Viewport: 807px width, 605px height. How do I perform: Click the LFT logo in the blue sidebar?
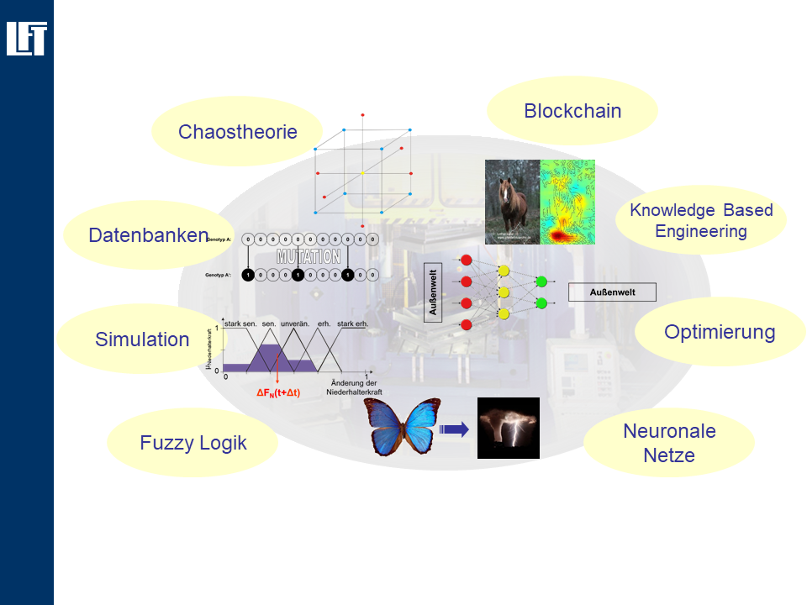click(x=26, y=39)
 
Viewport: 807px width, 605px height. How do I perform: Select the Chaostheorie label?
click(x=237, y=132)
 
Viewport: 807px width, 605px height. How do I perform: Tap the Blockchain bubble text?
click(x=572, y=111)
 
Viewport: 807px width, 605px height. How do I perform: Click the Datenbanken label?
click(x=148, y=235)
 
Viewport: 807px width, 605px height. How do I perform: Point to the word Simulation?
click(x=142, y=339)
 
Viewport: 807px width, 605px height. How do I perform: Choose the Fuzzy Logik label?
click(x=193, y=443)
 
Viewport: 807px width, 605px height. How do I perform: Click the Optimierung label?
click(x=720, y=332)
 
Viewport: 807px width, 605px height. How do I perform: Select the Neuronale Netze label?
click(x=669, y=444)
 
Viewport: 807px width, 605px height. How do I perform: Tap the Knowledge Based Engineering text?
click(x=701, y=220)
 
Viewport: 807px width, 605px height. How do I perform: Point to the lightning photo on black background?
click(x=508, y=428)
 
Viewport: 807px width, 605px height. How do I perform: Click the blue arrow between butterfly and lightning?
click(x=453, y=429)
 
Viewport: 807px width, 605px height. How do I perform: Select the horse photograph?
click(x=512, y=203)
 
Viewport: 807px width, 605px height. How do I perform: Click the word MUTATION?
click(x=309, y=257)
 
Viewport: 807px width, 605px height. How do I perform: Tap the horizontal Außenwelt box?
click(x=612, y=292)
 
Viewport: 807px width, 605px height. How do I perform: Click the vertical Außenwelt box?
click(x=434, y=292)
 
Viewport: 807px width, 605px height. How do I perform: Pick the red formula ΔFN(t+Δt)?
click(x=278, y=392)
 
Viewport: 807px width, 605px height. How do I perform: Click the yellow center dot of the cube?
click(x=362, y=172)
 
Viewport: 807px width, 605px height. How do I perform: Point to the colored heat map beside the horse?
click(x=567, y=203)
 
